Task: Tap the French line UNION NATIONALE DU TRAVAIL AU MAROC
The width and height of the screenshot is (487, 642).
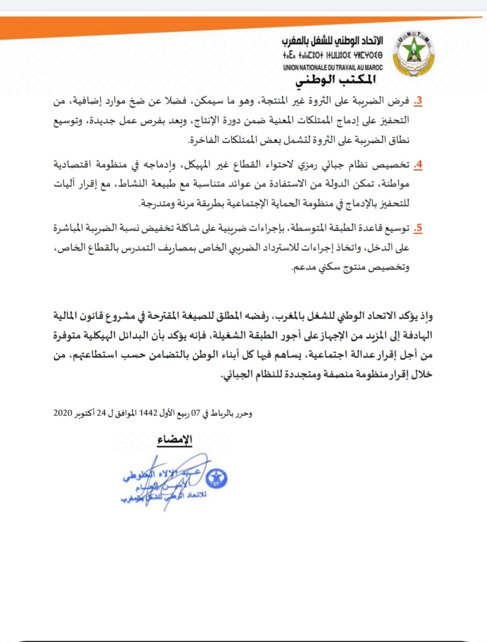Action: click(x=332, y=67)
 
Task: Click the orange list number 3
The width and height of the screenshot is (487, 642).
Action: click(x=418, y=101)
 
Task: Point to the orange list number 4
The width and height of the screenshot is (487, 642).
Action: click(x=418, y=165)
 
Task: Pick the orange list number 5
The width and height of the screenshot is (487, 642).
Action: click(x=418, y=228)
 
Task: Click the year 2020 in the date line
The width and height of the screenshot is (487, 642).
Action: click(x=63, y=413)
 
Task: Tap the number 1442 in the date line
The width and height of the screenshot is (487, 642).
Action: click(x=148, y=413)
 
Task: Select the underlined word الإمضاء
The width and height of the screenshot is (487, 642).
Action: click(x=175, y=439)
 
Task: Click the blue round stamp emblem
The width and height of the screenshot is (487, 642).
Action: click(x=216, y=478)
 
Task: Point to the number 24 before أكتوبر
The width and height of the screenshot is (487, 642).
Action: click(x=101, y=413)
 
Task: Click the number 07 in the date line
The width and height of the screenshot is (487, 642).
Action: click(x=196, y=413)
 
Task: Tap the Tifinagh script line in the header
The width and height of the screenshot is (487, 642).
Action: click(x=332, y=55)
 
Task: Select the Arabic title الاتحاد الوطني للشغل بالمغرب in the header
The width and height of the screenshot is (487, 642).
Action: click(x=332, y=41)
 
